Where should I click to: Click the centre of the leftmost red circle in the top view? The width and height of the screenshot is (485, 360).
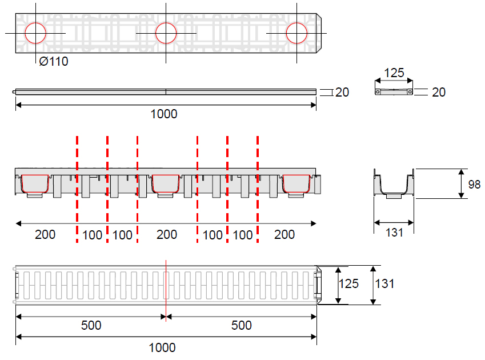pos(35,33)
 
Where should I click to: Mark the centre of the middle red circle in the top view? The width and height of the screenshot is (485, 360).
pos(166,33)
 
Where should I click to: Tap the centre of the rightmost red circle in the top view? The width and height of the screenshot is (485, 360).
pos(296,33)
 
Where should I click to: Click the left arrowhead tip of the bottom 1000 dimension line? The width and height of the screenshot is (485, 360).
pos(16,337)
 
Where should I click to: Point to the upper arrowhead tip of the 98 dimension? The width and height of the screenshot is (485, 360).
pos(461,169)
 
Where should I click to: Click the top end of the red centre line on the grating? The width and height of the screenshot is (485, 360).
pos(166,260)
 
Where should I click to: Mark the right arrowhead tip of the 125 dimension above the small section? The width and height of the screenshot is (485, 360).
pos(412,81)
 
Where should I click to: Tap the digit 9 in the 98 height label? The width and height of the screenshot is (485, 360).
pos(471,185)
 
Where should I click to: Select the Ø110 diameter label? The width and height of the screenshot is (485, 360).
pos(54,61)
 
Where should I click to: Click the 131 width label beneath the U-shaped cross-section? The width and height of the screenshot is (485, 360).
pos(394,233)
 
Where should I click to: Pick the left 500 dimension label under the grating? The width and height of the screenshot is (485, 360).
pos(91,325)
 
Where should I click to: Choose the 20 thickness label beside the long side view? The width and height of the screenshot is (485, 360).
pos(342,92)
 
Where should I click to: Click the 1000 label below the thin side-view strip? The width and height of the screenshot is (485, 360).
pos(164,114)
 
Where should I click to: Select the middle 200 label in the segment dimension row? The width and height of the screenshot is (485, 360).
pos(167,234)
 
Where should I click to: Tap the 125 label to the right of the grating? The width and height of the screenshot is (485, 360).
pos(348,283)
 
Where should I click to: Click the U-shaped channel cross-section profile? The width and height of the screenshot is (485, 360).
pos(394,184)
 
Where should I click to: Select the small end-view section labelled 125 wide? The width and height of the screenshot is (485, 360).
pos(394,92)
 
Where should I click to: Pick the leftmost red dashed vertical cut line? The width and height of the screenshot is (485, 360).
pos(77,189)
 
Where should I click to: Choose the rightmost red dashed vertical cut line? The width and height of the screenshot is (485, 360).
pos(258,189)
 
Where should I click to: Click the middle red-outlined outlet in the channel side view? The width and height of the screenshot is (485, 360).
pos(166,184)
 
